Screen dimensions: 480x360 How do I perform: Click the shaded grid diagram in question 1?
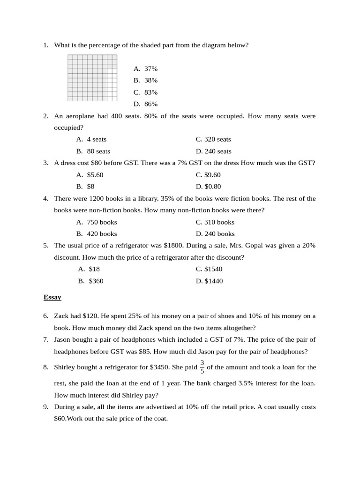(92, 78)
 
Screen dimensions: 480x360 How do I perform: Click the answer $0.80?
(212, 187)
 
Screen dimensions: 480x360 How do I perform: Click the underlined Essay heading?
(52, 297)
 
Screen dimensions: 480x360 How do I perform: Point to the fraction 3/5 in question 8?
(202, 367)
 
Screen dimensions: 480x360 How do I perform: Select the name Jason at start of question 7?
(63, 339)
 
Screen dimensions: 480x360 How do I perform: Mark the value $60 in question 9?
(60, 419)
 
